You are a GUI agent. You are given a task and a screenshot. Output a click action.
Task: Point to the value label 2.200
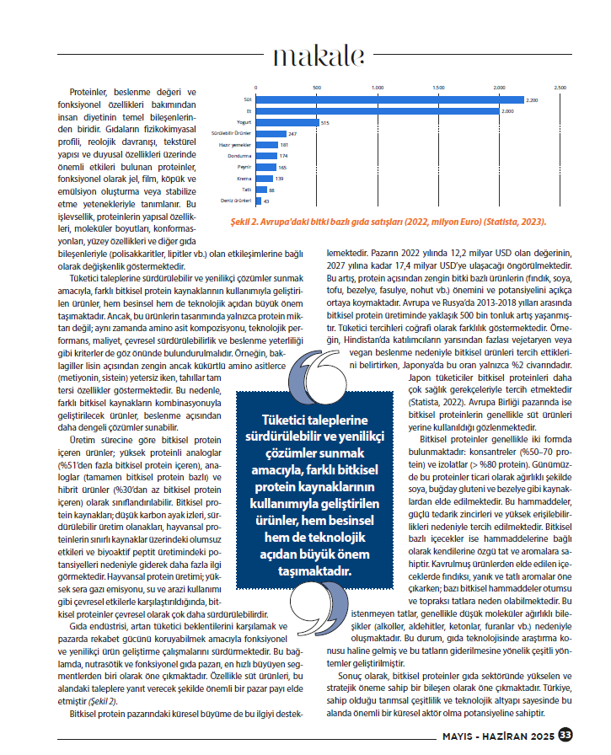532,99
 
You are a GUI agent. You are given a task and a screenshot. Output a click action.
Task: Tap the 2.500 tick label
560,88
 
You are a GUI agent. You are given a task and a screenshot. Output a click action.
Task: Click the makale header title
319,56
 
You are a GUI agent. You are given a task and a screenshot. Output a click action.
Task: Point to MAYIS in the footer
463,735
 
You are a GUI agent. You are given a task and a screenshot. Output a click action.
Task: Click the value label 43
267,201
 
